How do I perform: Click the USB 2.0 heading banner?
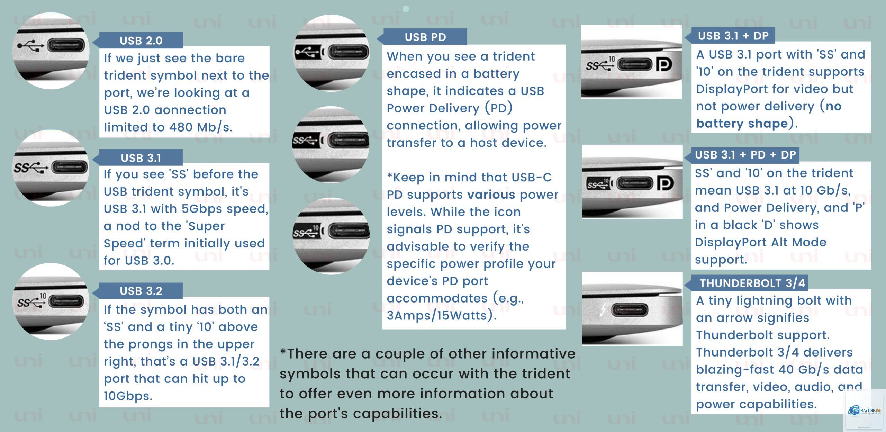click(141, 40)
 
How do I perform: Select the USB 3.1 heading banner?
click(141, 157)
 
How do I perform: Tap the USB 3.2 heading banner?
click(141, 290)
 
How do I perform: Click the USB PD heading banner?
click(425, 37)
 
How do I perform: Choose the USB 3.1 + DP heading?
click(733, 36)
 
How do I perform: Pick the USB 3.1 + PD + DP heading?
click(745, 155)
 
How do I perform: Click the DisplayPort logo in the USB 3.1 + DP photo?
click(664, 64)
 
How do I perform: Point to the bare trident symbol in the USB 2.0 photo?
click(30, 45)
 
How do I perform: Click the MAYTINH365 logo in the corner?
click(864, 411)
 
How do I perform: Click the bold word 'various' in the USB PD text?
click(491, 195)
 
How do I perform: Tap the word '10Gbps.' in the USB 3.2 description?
click(128, 396)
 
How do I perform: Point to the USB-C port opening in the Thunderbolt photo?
click(630, 310)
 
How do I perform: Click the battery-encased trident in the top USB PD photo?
click(308, 53)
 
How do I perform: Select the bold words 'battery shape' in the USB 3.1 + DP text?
click(742, 124)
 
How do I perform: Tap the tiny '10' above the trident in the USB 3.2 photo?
click(43, 296)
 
